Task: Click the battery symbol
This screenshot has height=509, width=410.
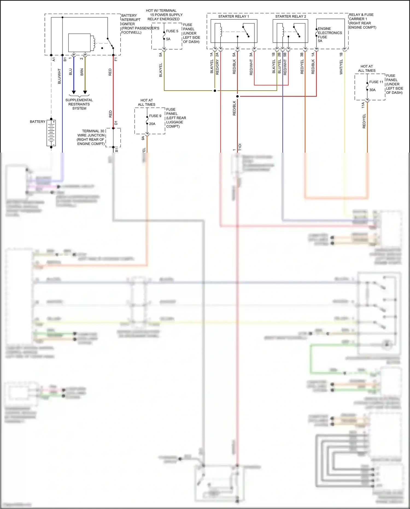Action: point(51,133)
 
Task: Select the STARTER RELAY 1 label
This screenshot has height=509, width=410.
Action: point(233,16)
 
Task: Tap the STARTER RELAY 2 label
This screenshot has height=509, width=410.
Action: point(291,16)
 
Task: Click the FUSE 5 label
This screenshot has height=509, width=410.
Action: point(172,31)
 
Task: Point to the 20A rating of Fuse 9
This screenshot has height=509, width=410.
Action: point(152,124)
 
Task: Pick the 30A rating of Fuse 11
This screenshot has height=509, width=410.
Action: point(372,90)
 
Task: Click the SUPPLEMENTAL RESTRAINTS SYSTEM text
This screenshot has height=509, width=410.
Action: point(79,104)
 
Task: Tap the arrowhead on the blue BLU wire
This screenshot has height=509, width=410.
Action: point(74,92)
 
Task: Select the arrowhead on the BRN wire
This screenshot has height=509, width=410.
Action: point(85,92)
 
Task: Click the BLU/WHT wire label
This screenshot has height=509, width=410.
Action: point(59,76)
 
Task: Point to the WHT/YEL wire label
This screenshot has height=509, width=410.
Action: point(341,67)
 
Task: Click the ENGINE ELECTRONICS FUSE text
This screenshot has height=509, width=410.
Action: point(329,33)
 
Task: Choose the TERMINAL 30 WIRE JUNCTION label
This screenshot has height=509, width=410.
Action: point(91,137)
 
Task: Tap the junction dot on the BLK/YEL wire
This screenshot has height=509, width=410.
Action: point(215,91)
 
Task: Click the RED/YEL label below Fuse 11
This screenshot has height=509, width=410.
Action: point(364,121)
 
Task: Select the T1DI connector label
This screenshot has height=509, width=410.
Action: point(240,147)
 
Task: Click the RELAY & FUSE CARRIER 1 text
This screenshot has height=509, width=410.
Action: point(362,21)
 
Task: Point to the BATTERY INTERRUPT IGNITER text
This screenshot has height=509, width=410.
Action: point(131,20)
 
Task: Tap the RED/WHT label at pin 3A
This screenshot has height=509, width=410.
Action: point(251,68)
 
